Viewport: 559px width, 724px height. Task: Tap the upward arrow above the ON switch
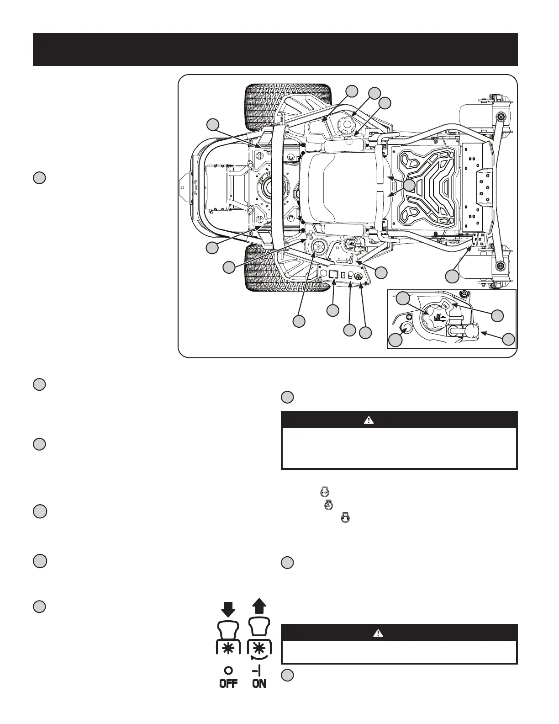[x=259, y=607]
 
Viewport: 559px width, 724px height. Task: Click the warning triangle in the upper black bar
[x=369, y=420]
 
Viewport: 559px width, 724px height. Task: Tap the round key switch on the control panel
[x=359, y=277]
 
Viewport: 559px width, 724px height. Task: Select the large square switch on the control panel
[x=333, y=275]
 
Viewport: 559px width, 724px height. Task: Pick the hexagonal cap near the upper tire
[x=345, y=124]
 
